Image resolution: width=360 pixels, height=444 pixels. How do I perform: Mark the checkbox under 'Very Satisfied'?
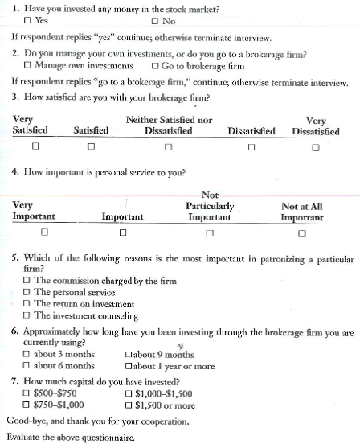34,147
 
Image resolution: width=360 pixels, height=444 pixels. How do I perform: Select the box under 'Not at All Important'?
302,233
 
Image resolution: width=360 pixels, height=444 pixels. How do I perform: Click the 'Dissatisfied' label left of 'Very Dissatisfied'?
252,129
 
